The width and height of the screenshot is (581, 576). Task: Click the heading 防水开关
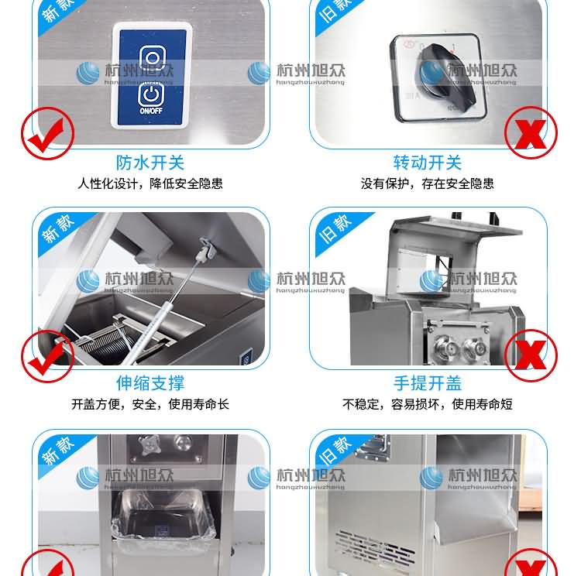coord(150,163)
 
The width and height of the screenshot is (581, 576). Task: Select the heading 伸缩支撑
coord(150,383)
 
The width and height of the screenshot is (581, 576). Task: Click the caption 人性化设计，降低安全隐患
coord(150,184)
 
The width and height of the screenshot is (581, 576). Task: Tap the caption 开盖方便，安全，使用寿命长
coord(150,404)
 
